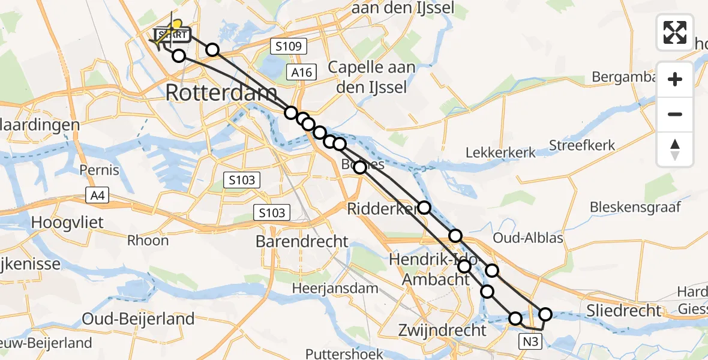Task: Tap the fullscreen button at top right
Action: click(675, 32)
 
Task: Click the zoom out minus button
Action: click(675, 114)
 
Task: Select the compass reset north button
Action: click(675, 149)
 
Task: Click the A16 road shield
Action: click(300, 73)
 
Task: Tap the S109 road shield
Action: click(289, 46)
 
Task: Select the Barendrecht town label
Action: click(302, 242)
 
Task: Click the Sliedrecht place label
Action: click(623, 310)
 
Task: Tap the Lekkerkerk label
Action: click(501, 153)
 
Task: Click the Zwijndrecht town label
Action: click(443, 330)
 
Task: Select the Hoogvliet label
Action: click(67, 223)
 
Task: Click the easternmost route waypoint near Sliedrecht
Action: click(545, 314)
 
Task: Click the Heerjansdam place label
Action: click(335, 288)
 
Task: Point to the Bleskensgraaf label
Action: click(635, 208)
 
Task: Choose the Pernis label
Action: click(100, 170)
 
